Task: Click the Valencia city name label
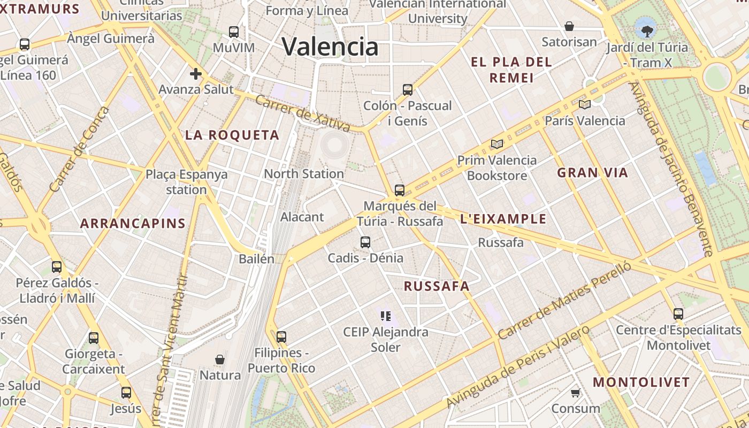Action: (x=330, y=47)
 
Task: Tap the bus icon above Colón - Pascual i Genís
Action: (x=408, y=89)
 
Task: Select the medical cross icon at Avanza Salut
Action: (x=195, y=74)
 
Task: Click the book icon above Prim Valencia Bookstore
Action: (x=497, y=144)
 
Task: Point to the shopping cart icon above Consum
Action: (x=576, y=393)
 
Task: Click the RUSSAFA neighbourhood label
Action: (x=437, y=286)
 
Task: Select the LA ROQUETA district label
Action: (x=232, y=135)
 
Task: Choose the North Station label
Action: (x=304, y=174)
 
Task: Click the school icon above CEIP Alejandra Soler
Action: (x=386, y=316)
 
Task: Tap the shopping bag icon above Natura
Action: (x=220, y=359)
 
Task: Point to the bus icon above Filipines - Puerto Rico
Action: (x=281, y=337)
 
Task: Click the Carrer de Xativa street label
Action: (x=302, y=113)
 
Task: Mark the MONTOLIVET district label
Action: (x=641, y=383)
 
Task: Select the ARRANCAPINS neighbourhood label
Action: (x=133, y=224)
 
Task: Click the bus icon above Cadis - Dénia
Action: (x=365, y=242)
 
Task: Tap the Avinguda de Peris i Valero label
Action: (x=517, y=366)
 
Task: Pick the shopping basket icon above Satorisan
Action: (x=569, y=26)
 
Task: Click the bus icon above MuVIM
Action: (x=234, y=32)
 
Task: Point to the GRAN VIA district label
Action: (x=592, y=173)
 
